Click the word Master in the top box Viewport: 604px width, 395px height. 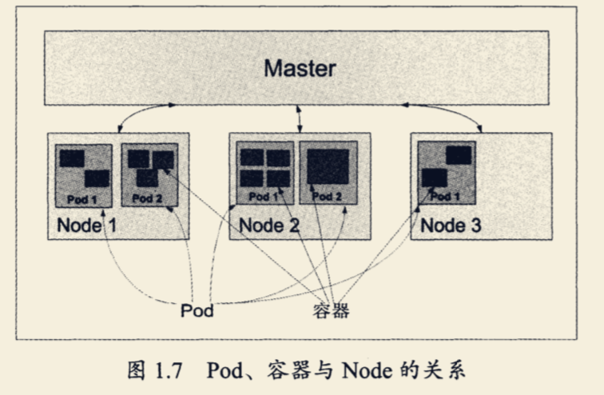pos(300,68)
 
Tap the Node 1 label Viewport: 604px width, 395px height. pos(86,225)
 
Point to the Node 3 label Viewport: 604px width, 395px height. pos(451,225)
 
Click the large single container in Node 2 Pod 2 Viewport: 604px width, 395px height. pos(328,167)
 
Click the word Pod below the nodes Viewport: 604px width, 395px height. pos(197,310)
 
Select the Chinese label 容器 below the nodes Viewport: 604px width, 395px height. pos(331,310)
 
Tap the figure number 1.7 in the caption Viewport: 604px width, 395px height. pos(170,371)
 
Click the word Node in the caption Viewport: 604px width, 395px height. pos(361,371)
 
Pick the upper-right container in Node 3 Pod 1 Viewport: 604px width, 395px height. pos(459,155)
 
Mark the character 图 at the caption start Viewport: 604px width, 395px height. pos(136,371)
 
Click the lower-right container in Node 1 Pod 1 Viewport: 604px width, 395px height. pos(97,178)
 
